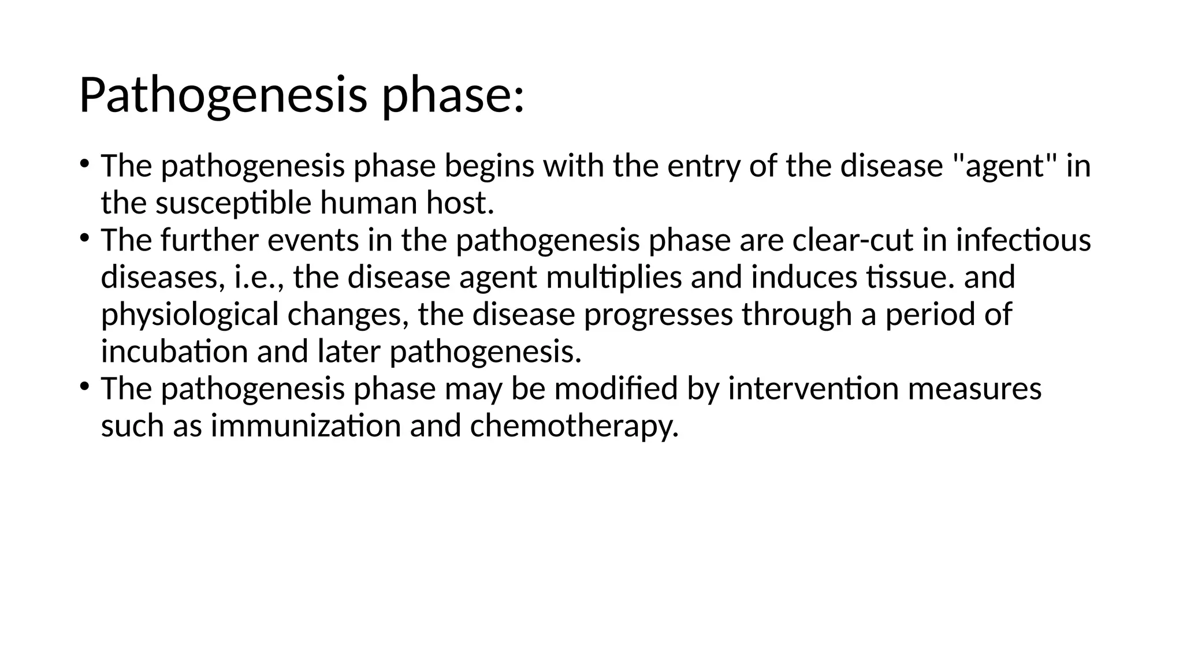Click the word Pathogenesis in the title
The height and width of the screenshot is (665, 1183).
click(x=222, y=95)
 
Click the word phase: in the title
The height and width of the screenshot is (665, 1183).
click(x=453, y=95)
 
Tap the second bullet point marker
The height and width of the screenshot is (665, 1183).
click(x=84, y=237)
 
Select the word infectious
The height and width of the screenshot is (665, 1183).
click(x=1023, y=240)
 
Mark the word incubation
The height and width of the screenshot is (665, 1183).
click(x=174, y=352)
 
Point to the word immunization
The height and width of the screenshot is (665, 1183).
click(x=306, y=426)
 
